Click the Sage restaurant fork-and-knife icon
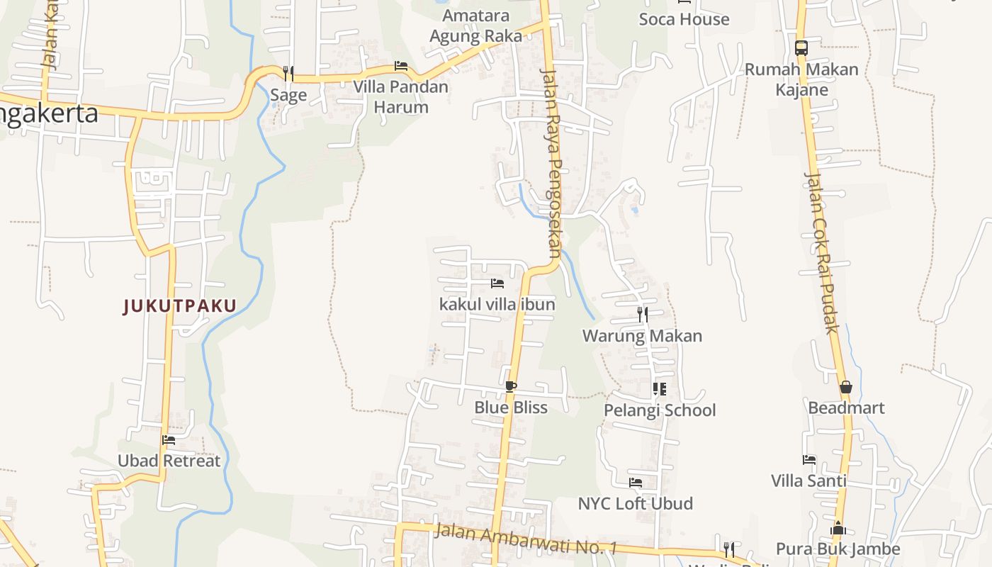click(x=288, y=73)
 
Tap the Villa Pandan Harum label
click(x=401, y=97)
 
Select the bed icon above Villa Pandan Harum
click(x=401, y=67)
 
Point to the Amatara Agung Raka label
click(x=475, y=26)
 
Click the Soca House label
click(x=684, y=19)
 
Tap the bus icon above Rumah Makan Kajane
click(x=801, y=48)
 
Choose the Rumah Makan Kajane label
click(x=801, y=79)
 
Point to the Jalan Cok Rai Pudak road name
click(x=822, y=252)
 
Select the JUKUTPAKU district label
click(x=179, y=306)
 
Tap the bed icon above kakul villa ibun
click(x=497, y=283)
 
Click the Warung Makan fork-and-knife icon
click(x=642, y=314)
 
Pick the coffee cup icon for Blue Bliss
click(x=510, y=387)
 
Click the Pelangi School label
click(x=660, y=410)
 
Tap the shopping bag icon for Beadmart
click(x=846, y=387)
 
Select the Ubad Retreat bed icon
click(x=169, y=440)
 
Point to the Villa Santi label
click(x=808, y=481)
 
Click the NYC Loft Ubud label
click(x=636, y=504)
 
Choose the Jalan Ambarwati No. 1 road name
click(x=526, y=539)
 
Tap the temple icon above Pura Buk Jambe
click(x=838, y=528)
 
